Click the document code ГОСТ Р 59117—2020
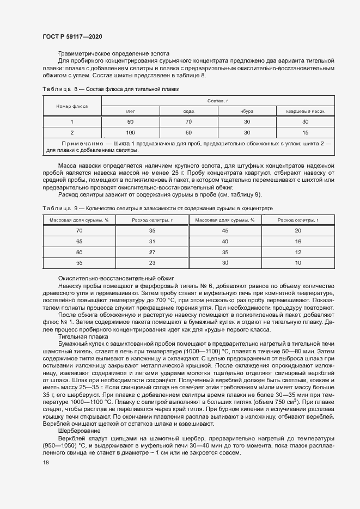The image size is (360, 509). (x=72, y=36)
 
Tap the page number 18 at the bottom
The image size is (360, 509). (x=45, y=462)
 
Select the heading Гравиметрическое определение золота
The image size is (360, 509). (x=113, y=53)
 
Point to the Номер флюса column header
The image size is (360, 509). (x=71, y=106)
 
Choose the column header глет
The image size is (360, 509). (x=130, y=111)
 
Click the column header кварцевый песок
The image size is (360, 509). (x=305, y=111)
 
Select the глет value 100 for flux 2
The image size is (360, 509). (x=130, y=132)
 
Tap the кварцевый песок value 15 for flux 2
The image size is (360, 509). (x=305, y=132)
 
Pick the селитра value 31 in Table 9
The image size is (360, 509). (x=152, y=241)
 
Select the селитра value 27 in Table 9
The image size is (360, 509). (x=152, y=252)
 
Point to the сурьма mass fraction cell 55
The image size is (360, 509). (x=79, y=263)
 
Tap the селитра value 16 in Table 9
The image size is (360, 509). (x=298, y=241)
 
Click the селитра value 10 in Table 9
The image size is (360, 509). (x=298, y=263)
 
